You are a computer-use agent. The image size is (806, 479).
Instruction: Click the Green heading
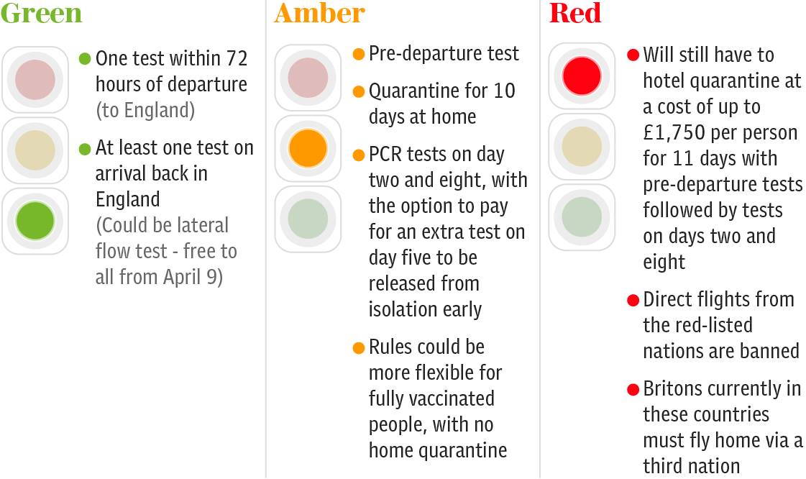pyautogui.click(x=41, y=13)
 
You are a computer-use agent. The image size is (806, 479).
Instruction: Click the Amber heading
pyautogui.click(x=320, y=13)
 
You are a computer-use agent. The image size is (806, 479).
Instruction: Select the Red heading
pyautogui.click(x=574, y=13)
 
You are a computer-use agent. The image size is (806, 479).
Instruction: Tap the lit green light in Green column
pyautogui.click(x=35, y=221)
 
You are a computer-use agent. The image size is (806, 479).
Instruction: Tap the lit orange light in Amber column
pyautogui.click(x=308, y=149)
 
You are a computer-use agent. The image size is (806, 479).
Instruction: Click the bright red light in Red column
pyautogui.click(x=582, y=76)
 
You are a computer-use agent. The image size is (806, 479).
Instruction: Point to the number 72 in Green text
pyautogui.click(x=237, y=58)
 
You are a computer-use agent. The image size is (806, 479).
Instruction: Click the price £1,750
pyautogui.click(x=674, y=132)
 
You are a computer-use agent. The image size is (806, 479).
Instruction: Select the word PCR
pyautogui.click(x=385, y=154)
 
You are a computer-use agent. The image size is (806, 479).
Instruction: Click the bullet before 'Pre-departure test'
pyautogui.click(x=359, y=54)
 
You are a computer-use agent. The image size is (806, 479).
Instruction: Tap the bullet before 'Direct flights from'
pyautogui.click(x=633, y=300)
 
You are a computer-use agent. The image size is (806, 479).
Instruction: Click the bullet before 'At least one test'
pyautogui.click(x=85, y=149)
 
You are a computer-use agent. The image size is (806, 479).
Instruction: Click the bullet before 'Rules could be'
pyautogui.click(x=359, y=348)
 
